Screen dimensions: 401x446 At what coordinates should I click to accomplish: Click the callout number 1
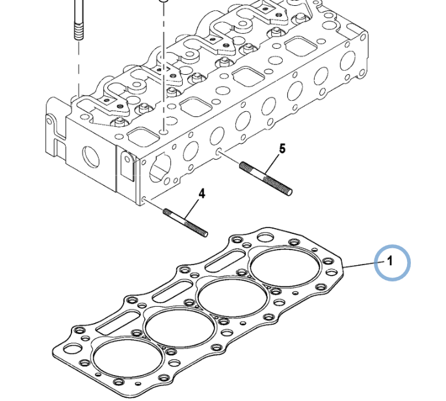(389, 262)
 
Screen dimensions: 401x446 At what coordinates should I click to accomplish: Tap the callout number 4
(202, 194)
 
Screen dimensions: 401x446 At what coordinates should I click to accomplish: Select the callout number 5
(282, 149)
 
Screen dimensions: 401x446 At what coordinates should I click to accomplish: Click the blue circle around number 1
(393, 263)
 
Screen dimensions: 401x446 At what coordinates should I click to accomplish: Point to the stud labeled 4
(185, 222)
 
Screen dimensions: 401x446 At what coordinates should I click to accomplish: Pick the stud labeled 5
(266, 177)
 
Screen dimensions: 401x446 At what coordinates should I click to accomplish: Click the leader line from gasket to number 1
(361, 265)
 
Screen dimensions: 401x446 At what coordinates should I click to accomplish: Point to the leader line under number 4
(194, 209)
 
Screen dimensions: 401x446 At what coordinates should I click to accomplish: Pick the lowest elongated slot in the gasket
(117, 322)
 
